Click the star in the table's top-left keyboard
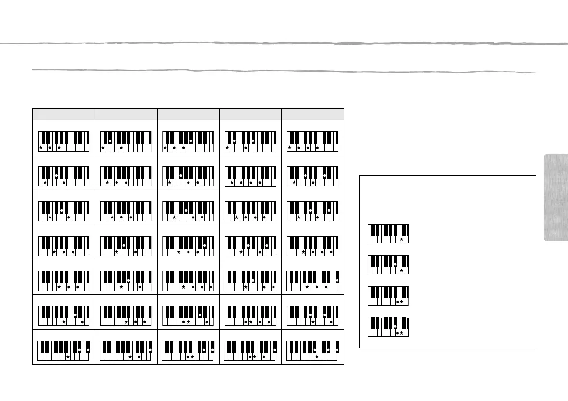click(41, 148)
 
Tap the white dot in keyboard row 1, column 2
click(110, 141)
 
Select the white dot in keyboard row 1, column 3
click(190, 141)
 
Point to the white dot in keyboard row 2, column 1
click(57, 176)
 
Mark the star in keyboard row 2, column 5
click(294, 183)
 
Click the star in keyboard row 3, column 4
click(236, 217)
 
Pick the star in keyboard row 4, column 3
click(179, 252)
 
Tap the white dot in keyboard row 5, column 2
click(128, 280)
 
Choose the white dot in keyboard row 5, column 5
click(337, 280)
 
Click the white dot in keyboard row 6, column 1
click(75, 315)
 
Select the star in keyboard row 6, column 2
click(126, 322)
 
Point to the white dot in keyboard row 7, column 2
click(151, 350)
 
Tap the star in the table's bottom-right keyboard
click(317, 357)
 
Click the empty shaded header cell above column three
click(188, 114)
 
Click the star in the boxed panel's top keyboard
click(402, 239)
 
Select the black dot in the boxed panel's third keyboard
click(398, 303)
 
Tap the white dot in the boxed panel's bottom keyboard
click(395, 326)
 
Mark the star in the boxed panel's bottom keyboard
click(402, 333)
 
